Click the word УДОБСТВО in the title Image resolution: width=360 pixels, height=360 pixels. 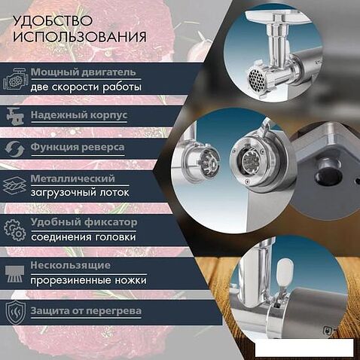(53, 21)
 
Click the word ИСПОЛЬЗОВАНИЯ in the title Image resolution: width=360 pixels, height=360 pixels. (80, 37)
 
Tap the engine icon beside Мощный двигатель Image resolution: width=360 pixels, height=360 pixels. (15, 79)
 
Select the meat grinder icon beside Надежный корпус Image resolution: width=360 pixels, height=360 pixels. (15, 116)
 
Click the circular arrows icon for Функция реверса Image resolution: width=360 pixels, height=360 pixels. (15, 149)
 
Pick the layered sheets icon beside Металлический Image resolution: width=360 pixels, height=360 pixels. (15, 186)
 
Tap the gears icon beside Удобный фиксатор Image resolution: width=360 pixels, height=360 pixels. (15, 230)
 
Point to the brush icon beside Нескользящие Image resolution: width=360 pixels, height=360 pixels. (15, 274)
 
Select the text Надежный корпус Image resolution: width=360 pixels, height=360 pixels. (79, 115)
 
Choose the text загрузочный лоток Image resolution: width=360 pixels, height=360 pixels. (80, 193)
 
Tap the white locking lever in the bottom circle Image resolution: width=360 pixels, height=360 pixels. (285, 273)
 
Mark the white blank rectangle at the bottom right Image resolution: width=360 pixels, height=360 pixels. (304, 347)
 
